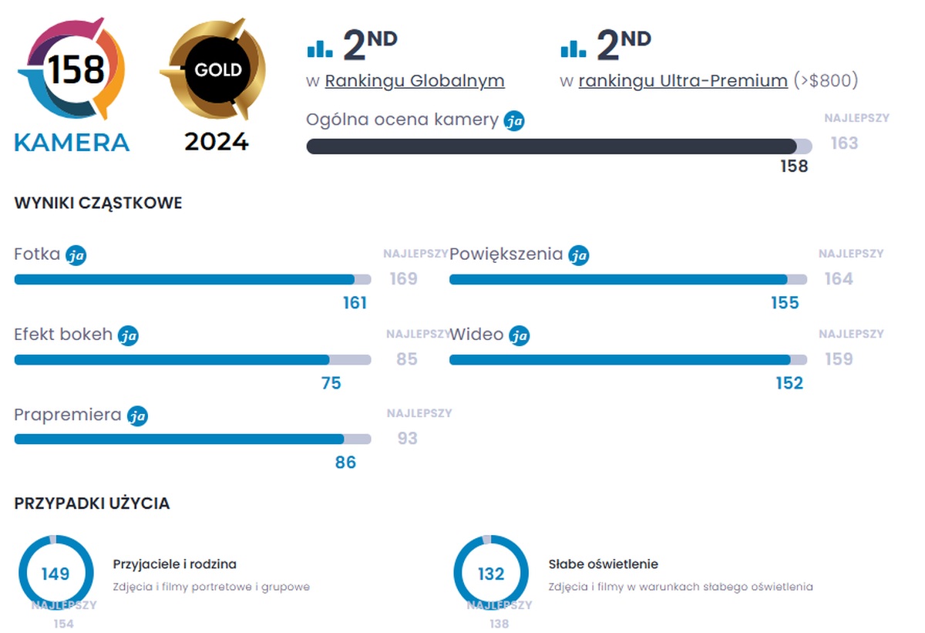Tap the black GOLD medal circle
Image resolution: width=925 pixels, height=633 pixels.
pyautogui.click(x=217, y=69)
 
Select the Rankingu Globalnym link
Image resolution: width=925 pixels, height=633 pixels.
pyautogui.click(x=415, y=81)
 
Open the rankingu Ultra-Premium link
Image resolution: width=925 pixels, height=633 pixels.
pyautogui.click(x=683, y=81)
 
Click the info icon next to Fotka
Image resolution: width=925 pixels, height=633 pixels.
pyautogui.click(x=76, y=255)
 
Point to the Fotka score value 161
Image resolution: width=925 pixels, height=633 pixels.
pyautogui.click(x=355, y=303)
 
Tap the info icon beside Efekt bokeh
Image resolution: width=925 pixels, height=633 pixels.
pyautogui.click(x=128, y=335)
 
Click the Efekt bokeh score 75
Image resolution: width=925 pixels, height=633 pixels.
pyautogui.click(x=331, y=383)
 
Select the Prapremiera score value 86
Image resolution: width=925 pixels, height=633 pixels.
pyautogui.click(x=345, y=463)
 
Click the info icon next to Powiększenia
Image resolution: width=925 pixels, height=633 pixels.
pyautogui.click(x=578, y=255)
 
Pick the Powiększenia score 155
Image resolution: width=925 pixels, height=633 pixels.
pyautogui.click(x=785, y=303)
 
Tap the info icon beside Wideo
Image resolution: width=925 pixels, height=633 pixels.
pyautogui.click(x=520, y=335)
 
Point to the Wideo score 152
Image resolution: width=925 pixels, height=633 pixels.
pyautogui.click(x=789, y=383)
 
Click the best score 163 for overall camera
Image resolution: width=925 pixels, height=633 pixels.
pyautogui.click(x=844, y=143)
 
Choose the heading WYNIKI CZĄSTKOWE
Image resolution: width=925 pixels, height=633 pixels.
pyautogui.click(x=98, y=204)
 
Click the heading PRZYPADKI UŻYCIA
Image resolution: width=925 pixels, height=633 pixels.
pyautogui.click(x=92, y=503)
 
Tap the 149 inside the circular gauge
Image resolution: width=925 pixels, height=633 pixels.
pyautogui.click(x=55, y=574)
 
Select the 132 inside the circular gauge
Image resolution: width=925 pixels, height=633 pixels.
pyautogui.click(x=491, y=574)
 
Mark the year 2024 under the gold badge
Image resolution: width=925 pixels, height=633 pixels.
pyautogui.click(x=216, y=142)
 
